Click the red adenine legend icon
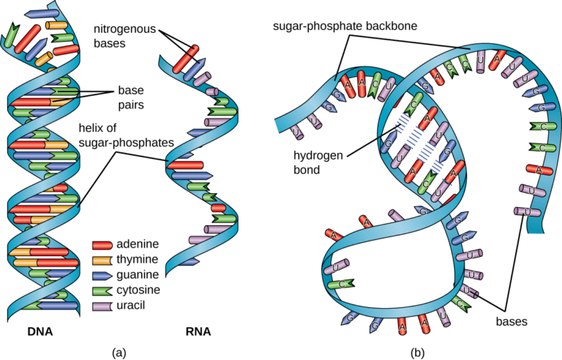point(102,244)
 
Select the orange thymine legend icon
point(102,259)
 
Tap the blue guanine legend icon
point(102,274)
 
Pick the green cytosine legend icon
point(102,290)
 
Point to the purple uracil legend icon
point(102,304)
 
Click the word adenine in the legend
point(138,244)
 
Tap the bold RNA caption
point(198,331)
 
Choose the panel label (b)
point(417,352)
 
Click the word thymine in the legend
point(138,259)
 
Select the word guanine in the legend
point(139,274)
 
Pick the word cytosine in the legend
point(140,290)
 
